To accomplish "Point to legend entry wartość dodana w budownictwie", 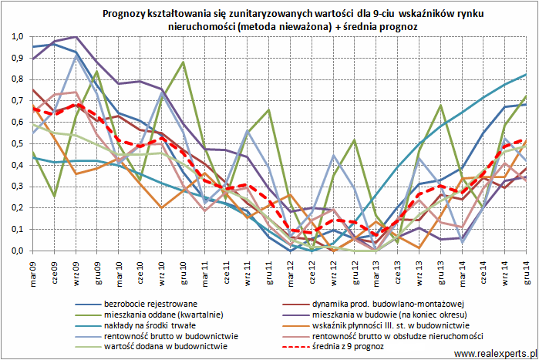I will point(165,348).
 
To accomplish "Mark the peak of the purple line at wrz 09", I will point(76,36).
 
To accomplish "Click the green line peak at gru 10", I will point(184,62).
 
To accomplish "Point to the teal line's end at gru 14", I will point(527,75).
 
